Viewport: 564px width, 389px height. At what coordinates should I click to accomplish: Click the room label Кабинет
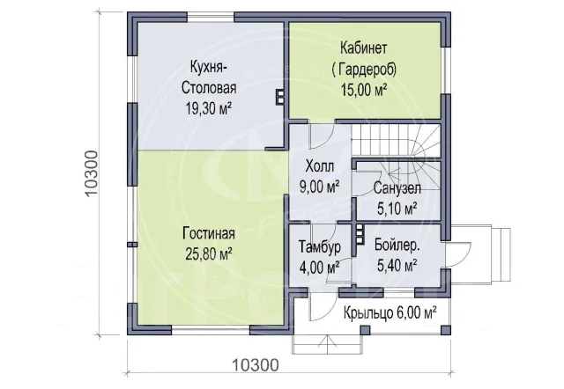point(364,48)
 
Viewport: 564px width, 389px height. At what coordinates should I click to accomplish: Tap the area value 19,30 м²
point(209,108)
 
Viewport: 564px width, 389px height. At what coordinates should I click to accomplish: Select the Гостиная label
point(209,234)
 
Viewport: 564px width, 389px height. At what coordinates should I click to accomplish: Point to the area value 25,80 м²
point(209,254)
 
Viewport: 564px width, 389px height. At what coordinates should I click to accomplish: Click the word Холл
point(320,166)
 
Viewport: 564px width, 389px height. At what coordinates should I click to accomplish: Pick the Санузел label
point(397,187)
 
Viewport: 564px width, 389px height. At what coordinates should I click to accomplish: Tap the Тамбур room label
point(320,246)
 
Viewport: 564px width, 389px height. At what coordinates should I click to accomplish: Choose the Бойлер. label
point(397,245)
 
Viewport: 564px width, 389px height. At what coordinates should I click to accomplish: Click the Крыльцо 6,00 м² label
point(390,312)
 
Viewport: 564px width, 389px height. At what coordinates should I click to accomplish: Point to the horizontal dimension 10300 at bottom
point(256,365)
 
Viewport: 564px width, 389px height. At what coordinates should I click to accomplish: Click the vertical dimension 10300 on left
point(92,173)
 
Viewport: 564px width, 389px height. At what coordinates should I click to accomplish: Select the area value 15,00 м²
point(364,90)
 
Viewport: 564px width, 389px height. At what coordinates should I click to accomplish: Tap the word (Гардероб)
point(364,69)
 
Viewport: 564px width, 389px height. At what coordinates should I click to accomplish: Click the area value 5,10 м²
point(397,209)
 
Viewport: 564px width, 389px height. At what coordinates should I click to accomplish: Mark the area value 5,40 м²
point(397,266)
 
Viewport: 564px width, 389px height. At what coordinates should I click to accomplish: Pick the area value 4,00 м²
point(320,268)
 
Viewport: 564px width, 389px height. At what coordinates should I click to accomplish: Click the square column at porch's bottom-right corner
point(446,330)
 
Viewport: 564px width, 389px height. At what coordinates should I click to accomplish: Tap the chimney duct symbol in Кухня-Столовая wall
point(280,96)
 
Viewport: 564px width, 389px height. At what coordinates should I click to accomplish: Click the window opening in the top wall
point(211,18)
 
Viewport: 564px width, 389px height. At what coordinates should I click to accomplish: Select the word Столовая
point(209,88)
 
